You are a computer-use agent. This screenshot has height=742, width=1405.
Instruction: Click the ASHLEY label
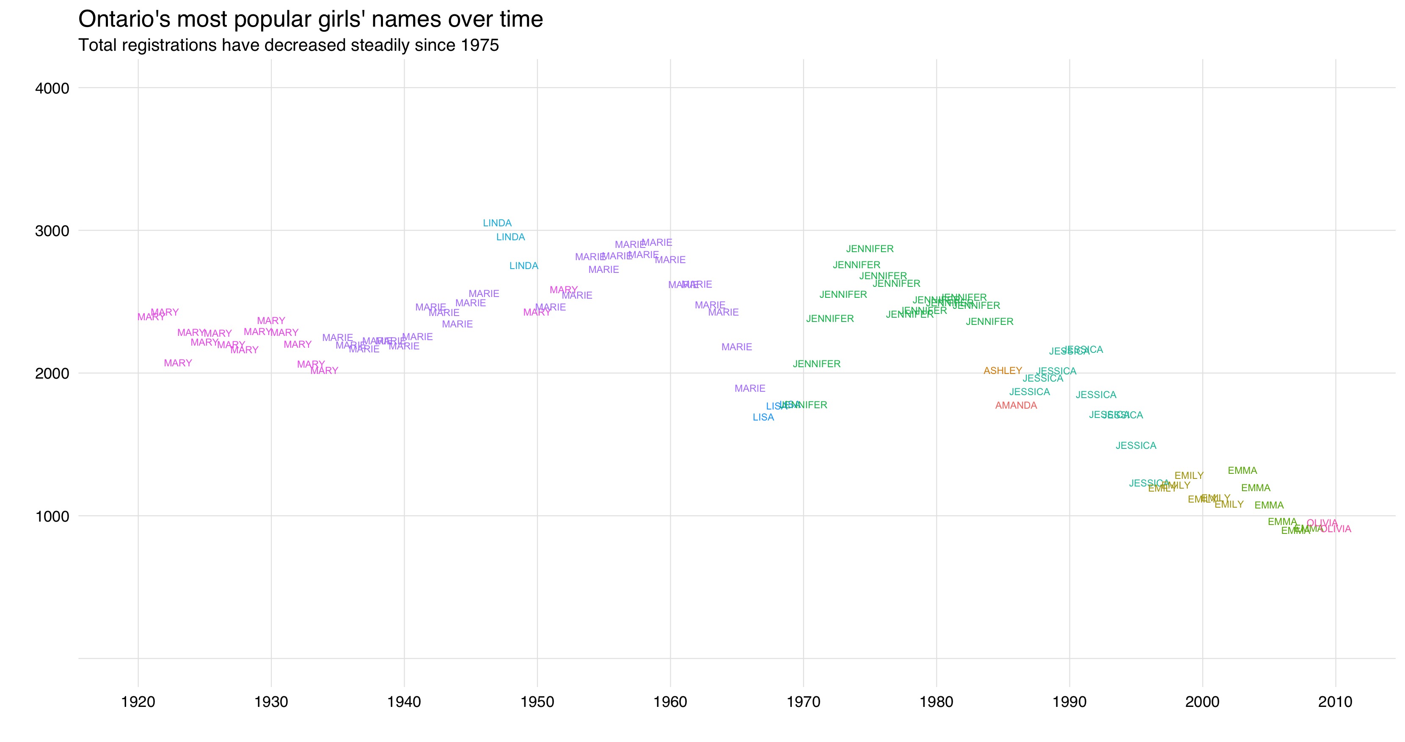click(1003, 371)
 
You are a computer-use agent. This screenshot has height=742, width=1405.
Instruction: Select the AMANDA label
click(1016, 405)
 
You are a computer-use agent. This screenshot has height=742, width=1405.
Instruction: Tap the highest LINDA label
click(497, 223)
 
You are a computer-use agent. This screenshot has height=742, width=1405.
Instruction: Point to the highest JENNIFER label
click(869, 249)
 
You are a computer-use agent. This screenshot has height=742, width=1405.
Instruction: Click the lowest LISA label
click(763, 417)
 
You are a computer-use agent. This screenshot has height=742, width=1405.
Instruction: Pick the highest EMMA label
click(1242, 470)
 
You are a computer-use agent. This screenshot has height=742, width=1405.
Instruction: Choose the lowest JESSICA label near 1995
click(1148, 483)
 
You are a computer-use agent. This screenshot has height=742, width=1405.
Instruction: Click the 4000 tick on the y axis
click(52, 88)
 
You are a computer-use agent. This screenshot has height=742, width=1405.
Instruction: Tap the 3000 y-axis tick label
click(52, 231)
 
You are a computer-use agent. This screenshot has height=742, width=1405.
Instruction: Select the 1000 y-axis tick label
click(52, 516)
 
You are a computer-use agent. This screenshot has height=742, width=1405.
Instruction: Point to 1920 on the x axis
click(138, 702)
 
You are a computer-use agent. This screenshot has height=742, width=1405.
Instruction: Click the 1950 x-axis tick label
click(537, 702)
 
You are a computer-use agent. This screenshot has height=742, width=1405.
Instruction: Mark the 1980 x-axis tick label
click(937, 702)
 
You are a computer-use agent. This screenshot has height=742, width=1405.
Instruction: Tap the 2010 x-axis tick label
click(1335, 702)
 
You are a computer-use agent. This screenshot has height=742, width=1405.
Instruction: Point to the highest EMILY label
click(1188, 475)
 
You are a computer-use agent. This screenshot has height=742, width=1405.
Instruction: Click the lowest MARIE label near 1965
click(750, 388)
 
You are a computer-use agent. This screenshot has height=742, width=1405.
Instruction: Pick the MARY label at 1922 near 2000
click(178, 363)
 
